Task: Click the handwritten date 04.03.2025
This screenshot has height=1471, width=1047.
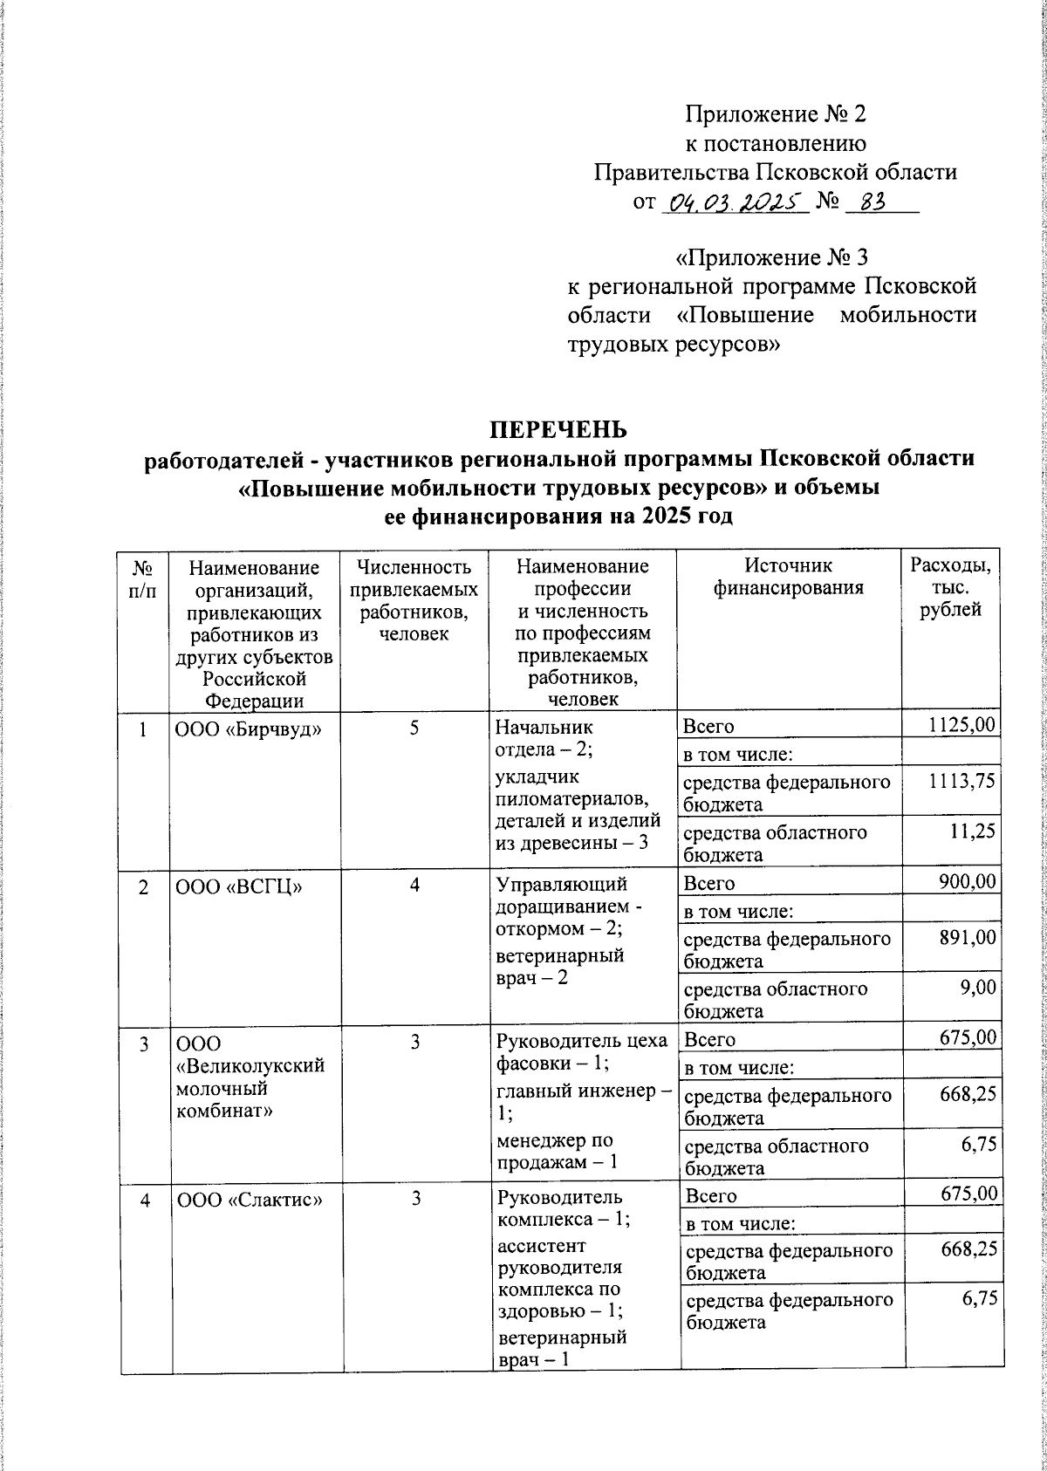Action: point(735,203)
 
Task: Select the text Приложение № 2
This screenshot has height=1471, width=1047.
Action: point(776,115)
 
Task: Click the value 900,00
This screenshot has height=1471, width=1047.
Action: point(967,882)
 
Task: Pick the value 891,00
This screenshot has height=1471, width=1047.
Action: point(967,938)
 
